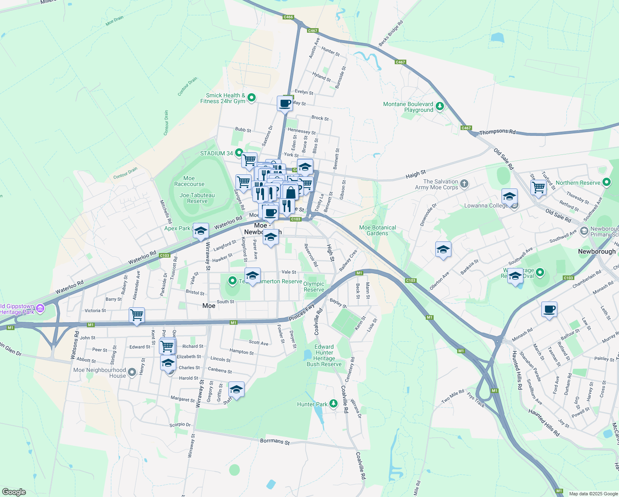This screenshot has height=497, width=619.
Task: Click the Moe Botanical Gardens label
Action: pos(377,230)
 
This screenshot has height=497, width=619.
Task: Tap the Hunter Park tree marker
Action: pos(334,404)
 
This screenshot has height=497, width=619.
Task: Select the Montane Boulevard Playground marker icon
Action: pos(440,107)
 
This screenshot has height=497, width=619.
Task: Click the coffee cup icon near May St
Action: pos(285,103)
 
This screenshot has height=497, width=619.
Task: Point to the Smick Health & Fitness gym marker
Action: pos(251,98)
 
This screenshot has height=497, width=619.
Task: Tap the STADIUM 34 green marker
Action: pos(239,153)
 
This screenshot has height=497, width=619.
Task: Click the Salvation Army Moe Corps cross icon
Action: pos(464,184)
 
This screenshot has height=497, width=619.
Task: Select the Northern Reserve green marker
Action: pos(607,182)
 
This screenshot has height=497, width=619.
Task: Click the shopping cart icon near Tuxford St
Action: pos(538,187)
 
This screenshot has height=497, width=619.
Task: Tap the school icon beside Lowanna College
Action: pos(509,196)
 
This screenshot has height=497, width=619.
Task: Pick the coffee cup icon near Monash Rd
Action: pos(549,309)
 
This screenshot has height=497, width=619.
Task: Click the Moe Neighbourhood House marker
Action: pos(132,372)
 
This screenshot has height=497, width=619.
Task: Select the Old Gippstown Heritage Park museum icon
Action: pos(40,309)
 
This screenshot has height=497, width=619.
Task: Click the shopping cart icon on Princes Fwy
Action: pos(137,315)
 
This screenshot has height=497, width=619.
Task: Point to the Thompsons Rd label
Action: pos(497,132)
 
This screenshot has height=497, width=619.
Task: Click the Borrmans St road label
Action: pos(275,442)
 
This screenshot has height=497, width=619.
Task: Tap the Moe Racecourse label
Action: pos(189,181)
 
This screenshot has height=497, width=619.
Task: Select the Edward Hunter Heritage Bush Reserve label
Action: pos(324,355)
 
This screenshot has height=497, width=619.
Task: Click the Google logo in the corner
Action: pos(14,492)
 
